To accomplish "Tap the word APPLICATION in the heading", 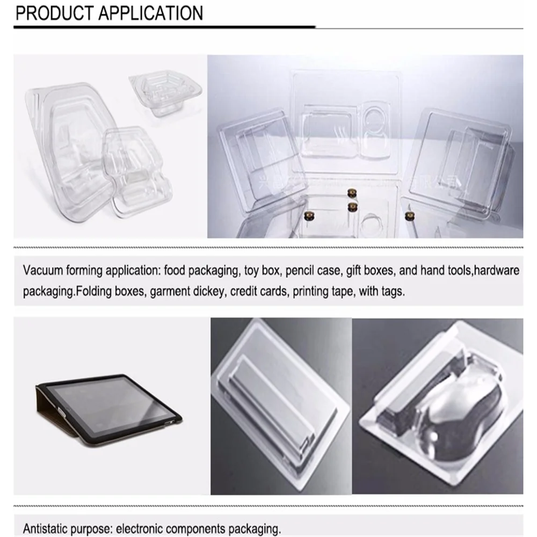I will [152, 13].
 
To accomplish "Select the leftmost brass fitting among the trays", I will [309, 215].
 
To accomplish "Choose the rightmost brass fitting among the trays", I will [409, 215].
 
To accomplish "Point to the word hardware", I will [497, 270].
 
